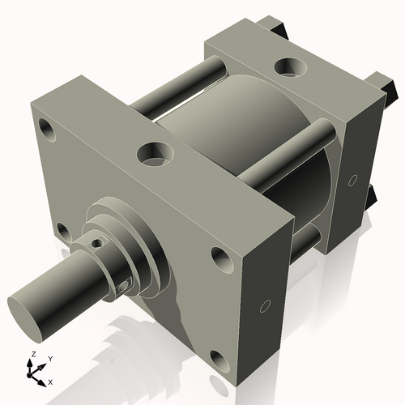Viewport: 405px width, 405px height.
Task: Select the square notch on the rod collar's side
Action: tap(124, 283)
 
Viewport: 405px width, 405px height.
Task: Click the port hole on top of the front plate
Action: tap(154, 151)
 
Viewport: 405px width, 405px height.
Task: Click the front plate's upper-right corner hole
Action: tap(222, 258)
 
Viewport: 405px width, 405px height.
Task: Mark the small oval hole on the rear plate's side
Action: tap(352, 179)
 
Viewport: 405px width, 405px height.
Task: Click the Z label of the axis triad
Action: tap(31, 355)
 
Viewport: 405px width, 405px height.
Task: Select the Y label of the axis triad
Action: tap(49, 357)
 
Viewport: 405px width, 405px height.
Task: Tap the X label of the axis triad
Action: tap(50, 381)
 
